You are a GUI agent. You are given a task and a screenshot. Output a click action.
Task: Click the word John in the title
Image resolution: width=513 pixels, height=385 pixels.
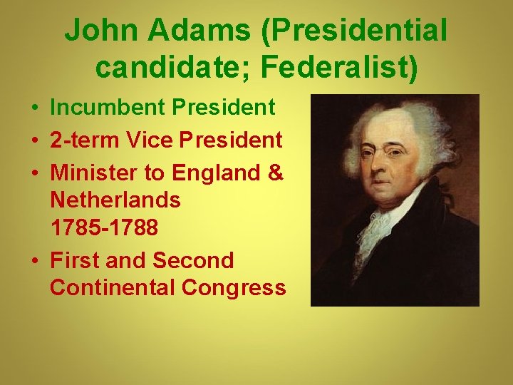(94, 30)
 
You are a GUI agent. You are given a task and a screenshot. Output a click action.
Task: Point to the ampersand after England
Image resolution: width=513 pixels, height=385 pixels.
(275, 173)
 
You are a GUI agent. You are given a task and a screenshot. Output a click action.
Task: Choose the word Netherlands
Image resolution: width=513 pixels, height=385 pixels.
(115, 200)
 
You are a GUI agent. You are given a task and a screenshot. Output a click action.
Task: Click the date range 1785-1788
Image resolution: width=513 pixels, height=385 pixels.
(104, 227)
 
